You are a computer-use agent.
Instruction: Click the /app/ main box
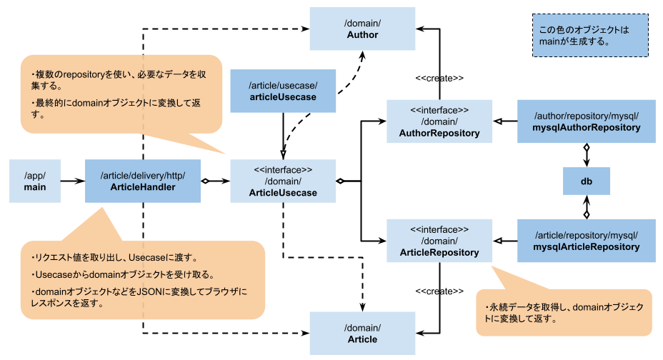(x=35, y=181)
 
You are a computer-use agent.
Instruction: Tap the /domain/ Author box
(x=362, y=29)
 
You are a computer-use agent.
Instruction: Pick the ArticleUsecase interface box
(x=283, y=181)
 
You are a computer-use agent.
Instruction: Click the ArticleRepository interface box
(x=439, y=241)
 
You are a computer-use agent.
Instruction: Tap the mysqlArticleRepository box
(x=586, y=241)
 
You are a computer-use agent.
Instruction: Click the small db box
(x=586, y=181)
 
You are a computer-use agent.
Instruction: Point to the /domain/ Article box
(x=362, y=333)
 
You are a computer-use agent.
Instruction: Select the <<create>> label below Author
(x=439, y=77)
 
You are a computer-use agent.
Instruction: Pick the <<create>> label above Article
(x=439, y=291)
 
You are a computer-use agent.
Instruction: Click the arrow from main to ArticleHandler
(x=72, y=181)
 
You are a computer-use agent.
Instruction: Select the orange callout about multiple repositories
(x=121, y=93)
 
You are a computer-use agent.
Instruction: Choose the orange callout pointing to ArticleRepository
(x=564, y=312)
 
